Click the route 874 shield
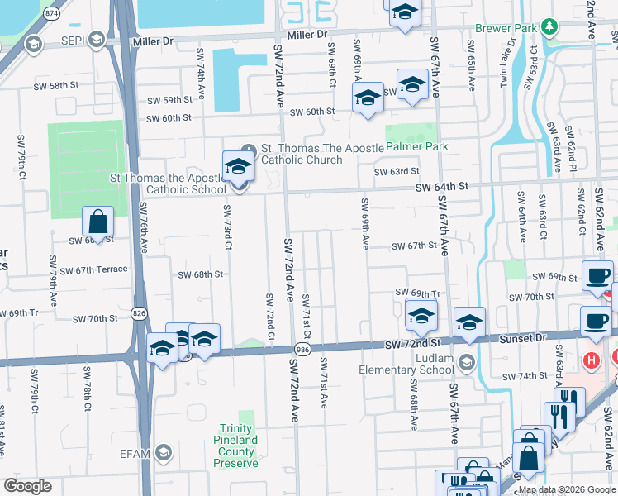(x=52, y=13)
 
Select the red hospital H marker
(x=591, y=360)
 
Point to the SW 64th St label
(x=442, y=188)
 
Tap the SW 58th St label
(x=55, y=86)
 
